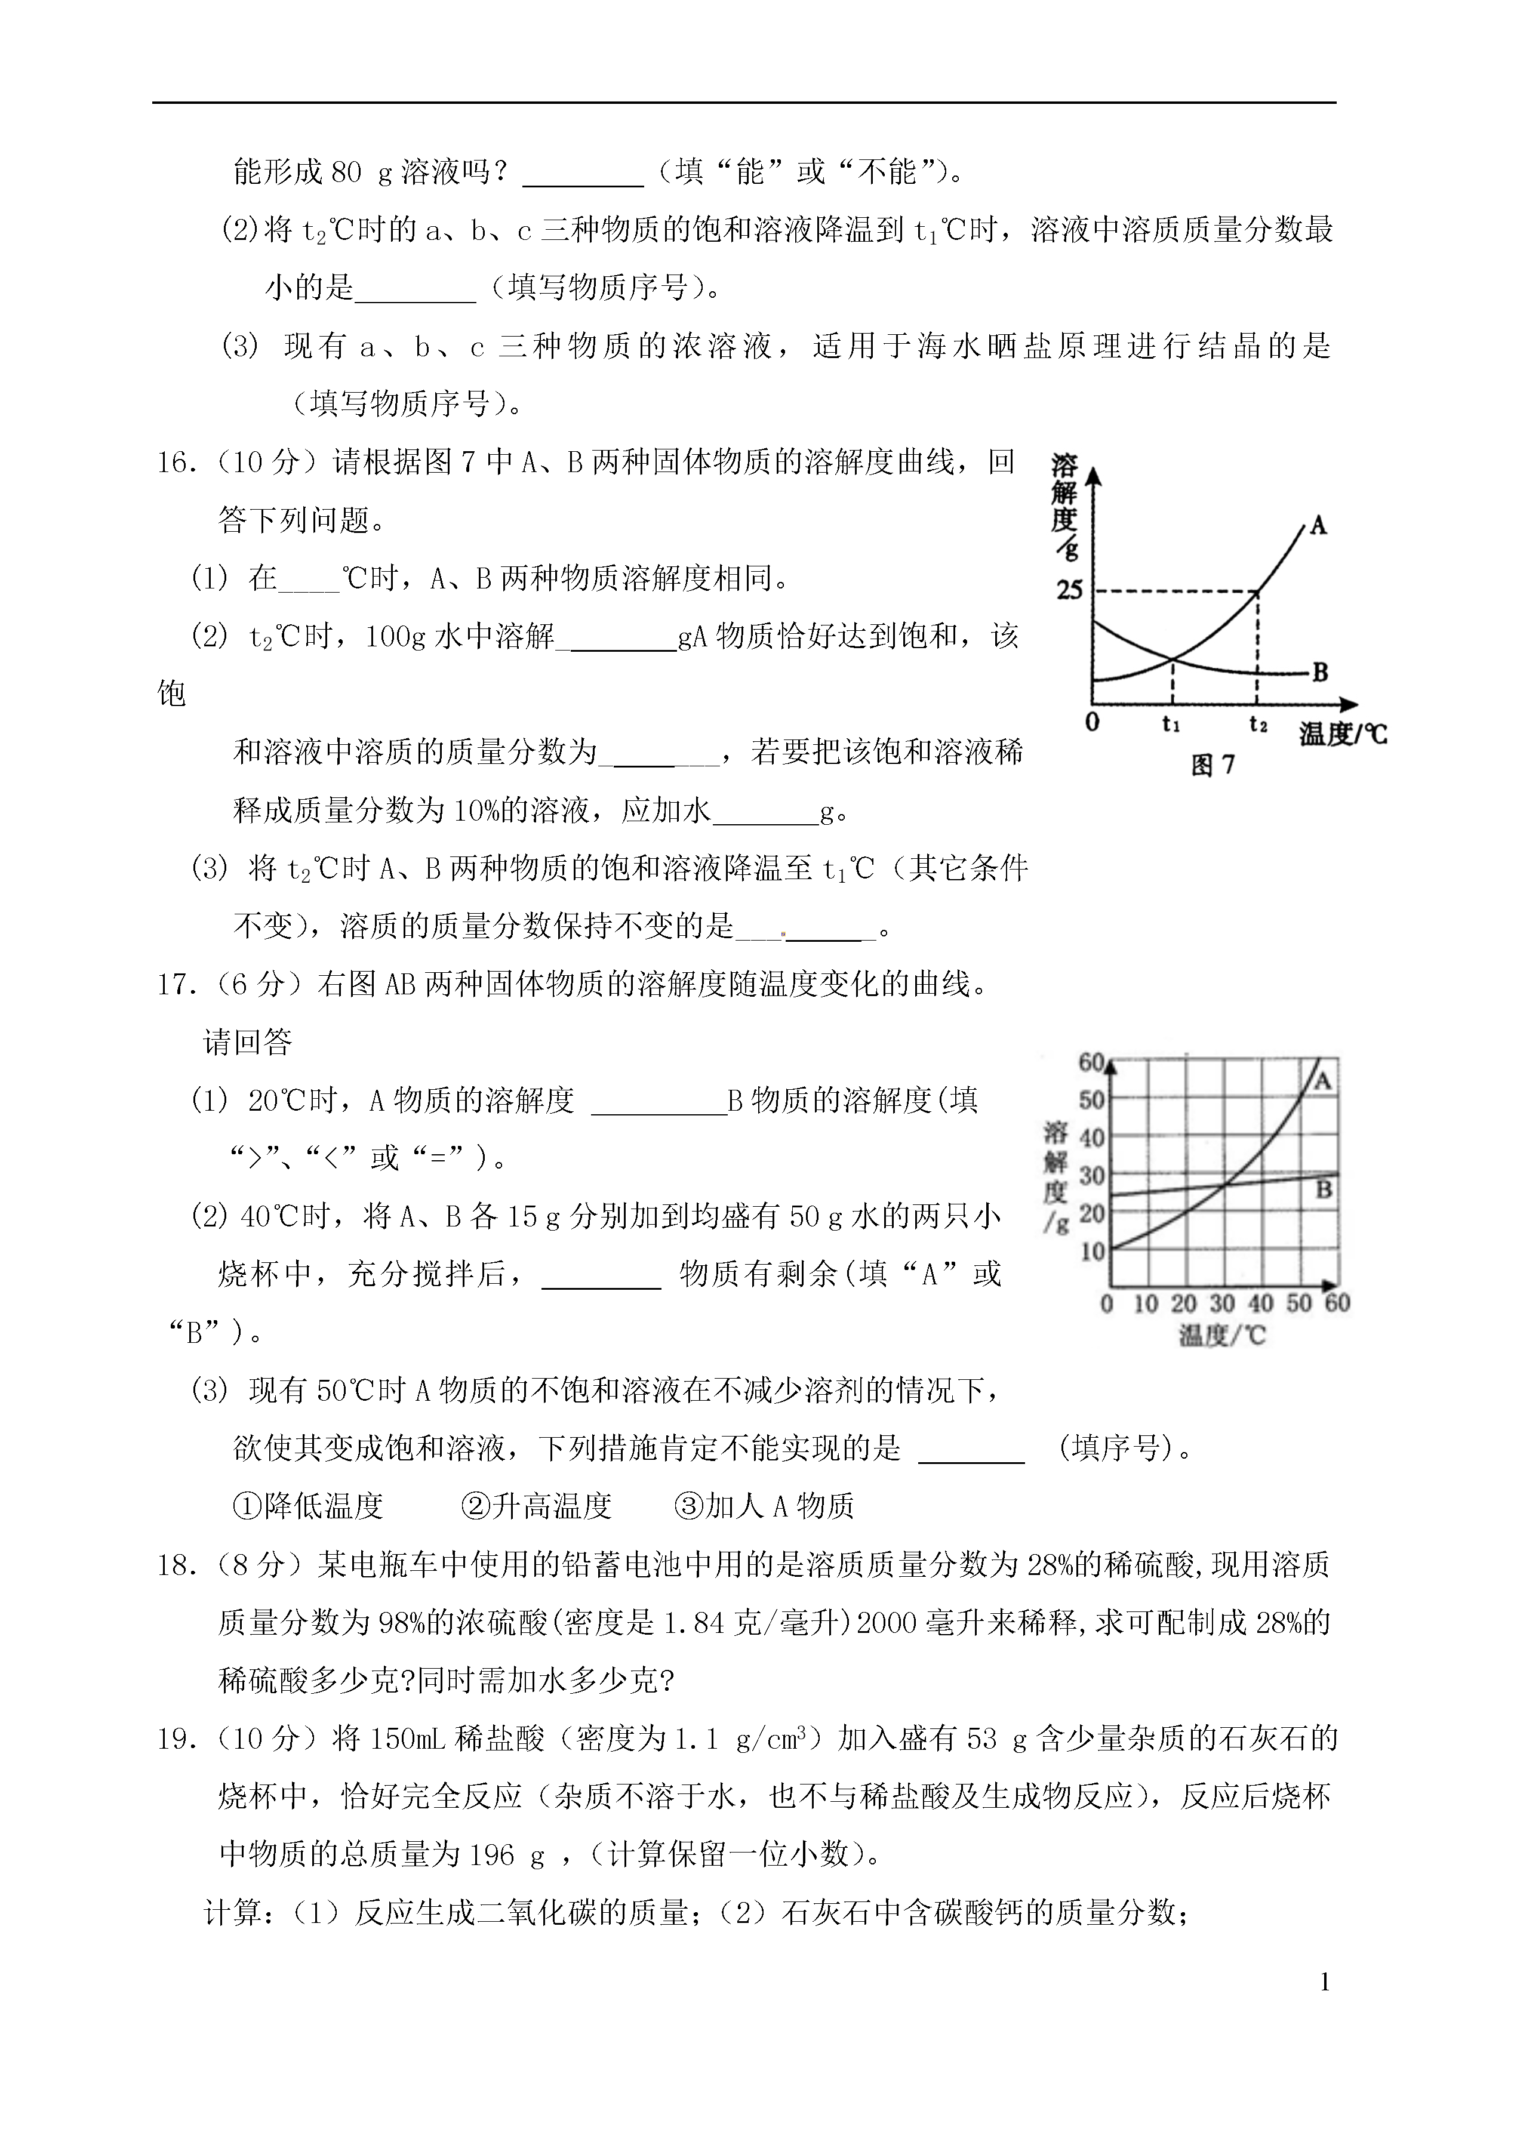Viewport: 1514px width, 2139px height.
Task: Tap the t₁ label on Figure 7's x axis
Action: tap(1171, 724)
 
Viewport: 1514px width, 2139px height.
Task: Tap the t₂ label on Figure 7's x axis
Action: tap(1258, 724)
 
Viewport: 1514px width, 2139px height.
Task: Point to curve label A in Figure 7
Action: tap(1318, 526)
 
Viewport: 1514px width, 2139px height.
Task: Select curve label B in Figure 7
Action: tap(1319, 672)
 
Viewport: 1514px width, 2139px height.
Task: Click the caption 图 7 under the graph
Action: tap(1213, 765)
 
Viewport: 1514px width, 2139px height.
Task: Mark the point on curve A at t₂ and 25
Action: tap(1258, 591)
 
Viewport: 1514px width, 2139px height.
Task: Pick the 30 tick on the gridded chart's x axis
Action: tap(1222, 1303)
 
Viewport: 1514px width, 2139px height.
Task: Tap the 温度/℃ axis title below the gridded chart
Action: tap(1222, 1336)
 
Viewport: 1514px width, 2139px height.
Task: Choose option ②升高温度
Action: tap(536, 1505)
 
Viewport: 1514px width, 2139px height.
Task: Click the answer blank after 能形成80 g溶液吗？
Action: tap(583, 173)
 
